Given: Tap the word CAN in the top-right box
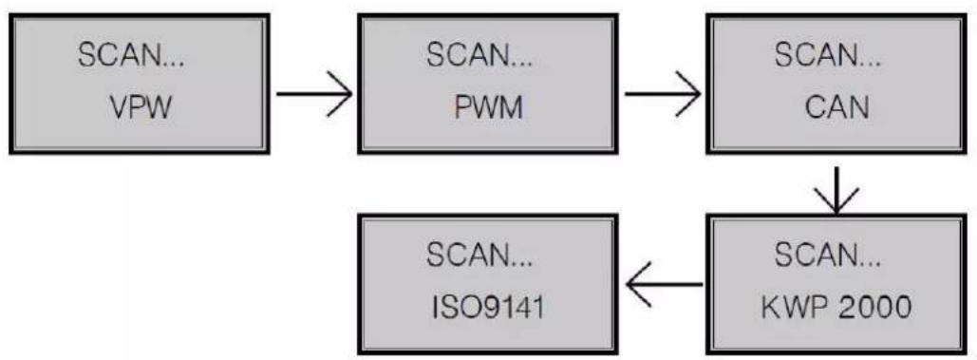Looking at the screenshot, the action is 836,104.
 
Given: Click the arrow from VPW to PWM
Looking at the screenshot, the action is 313,94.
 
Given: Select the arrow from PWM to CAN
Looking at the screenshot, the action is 663,94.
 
